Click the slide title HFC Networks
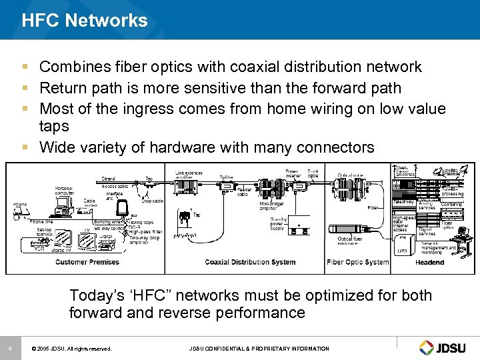85,20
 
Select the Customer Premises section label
87,262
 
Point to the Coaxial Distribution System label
251,262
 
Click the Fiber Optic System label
357,262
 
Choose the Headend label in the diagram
429,262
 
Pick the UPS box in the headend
402,251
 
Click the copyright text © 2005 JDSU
72,349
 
